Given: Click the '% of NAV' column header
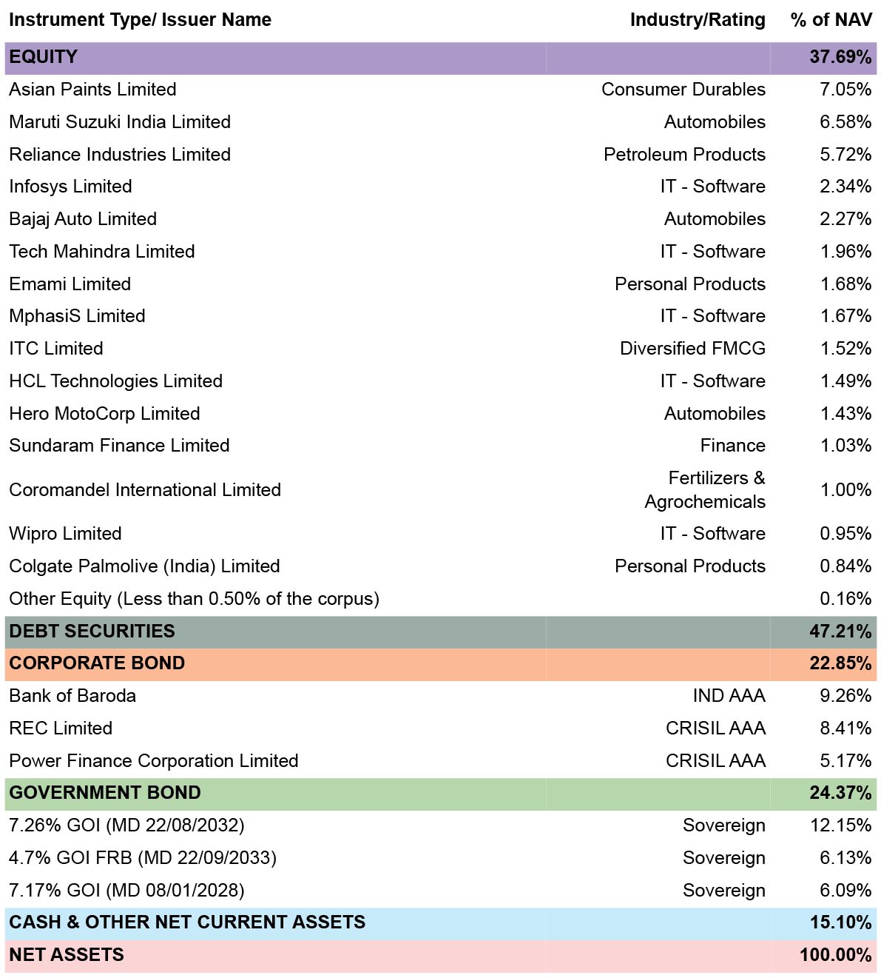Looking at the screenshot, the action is (831, 20).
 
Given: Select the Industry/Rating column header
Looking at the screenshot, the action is (698, 20).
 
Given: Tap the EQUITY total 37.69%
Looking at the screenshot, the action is (840, 56).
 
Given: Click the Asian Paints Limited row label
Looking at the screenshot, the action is (92, 90).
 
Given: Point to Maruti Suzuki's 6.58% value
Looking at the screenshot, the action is (845, 122).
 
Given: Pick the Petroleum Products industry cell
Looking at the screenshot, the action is (684, 154).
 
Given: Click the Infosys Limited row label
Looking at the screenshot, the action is (71, 187).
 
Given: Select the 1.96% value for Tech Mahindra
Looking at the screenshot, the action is (845, 252).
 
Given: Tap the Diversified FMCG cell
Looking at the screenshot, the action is (692, 349).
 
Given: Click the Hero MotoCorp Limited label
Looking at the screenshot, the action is (105, 414).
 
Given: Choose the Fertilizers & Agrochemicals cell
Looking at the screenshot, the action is (705, 490).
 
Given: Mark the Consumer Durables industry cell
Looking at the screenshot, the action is (683, 90).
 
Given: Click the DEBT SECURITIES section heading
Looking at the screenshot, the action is (92, 632).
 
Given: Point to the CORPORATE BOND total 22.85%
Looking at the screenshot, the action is (840, 663).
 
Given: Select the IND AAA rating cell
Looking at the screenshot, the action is (729, 696).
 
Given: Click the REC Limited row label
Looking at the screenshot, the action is (61, 729).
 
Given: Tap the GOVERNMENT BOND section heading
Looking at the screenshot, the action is (105, 793).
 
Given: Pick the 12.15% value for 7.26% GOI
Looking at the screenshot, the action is (840, 825).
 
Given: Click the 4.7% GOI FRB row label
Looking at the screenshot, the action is (143, 858).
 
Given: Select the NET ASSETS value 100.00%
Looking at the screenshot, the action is (835, 954).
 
